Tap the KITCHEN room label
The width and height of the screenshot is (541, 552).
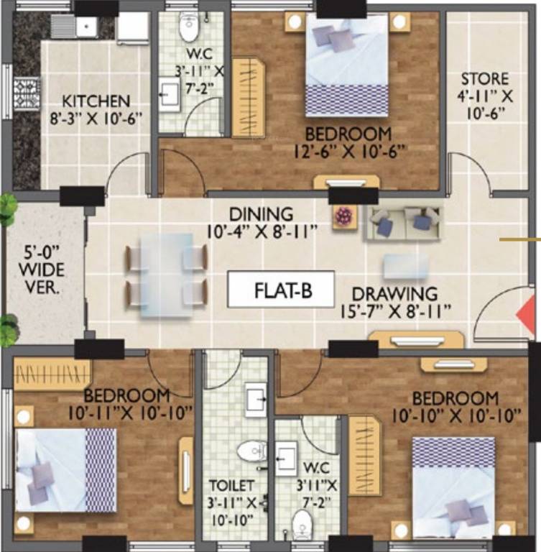(x=96, y=101)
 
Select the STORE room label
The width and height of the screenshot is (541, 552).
(x=484, y=78)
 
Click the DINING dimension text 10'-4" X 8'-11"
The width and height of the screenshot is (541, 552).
(x=261, y=232)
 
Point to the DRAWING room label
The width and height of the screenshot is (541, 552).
(x=394, y=293)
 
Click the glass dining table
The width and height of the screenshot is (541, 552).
(x=166, y=275)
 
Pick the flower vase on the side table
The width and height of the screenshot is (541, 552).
(x=344, y=216)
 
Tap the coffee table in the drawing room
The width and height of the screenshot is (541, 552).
(x=405, y=266)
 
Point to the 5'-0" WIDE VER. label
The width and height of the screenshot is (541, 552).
(x=45, y=270)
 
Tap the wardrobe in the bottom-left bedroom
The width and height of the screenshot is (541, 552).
(x=52, y=374)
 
